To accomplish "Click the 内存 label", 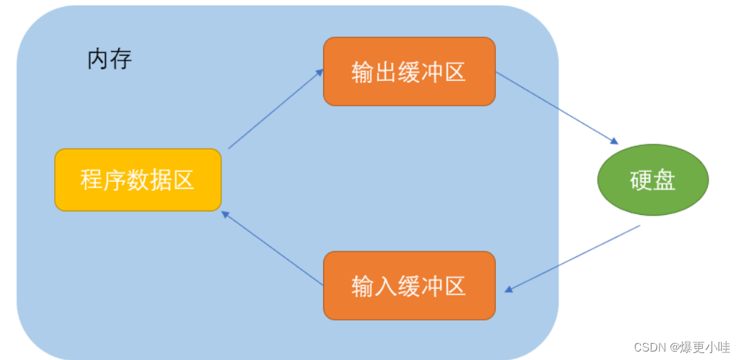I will pyautogui.click(x=110, y=59).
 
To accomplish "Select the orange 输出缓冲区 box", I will pyautogui.click(x=409, y=71).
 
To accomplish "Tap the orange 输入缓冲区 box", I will pyautogui.click(x=409, y=285).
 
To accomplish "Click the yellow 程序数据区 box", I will pyautogui.click(x=137, y=180).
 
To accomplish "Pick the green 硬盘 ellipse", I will pyautogui.click(x=652, y=180).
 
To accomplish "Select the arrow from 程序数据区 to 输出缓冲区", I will pyautogui.click(x=275, y=108).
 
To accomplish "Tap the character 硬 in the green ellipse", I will pyautogui.click(x=641, y=180).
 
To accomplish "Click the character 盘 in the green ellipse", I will pyautogui.click(x=664, y=180).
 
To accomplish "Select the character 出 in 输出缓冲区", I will pyautogui.click(x=385, y=72).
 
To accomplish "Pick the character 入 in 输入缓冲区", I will pyautogui.click(x=385, y=286).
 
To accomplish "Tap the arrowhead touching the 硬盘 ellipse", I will pyautogui.click(x=614, y=142).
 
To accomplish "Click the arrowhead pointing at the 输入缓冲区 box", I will pyautogui.click(x=509, y=290).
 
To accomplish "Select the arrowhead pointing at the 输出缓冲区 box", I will pyautogui.click(x=320, y=71).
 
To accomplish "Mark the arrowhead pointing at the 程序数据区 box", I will pyautogui.click(x=225, y=213).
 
